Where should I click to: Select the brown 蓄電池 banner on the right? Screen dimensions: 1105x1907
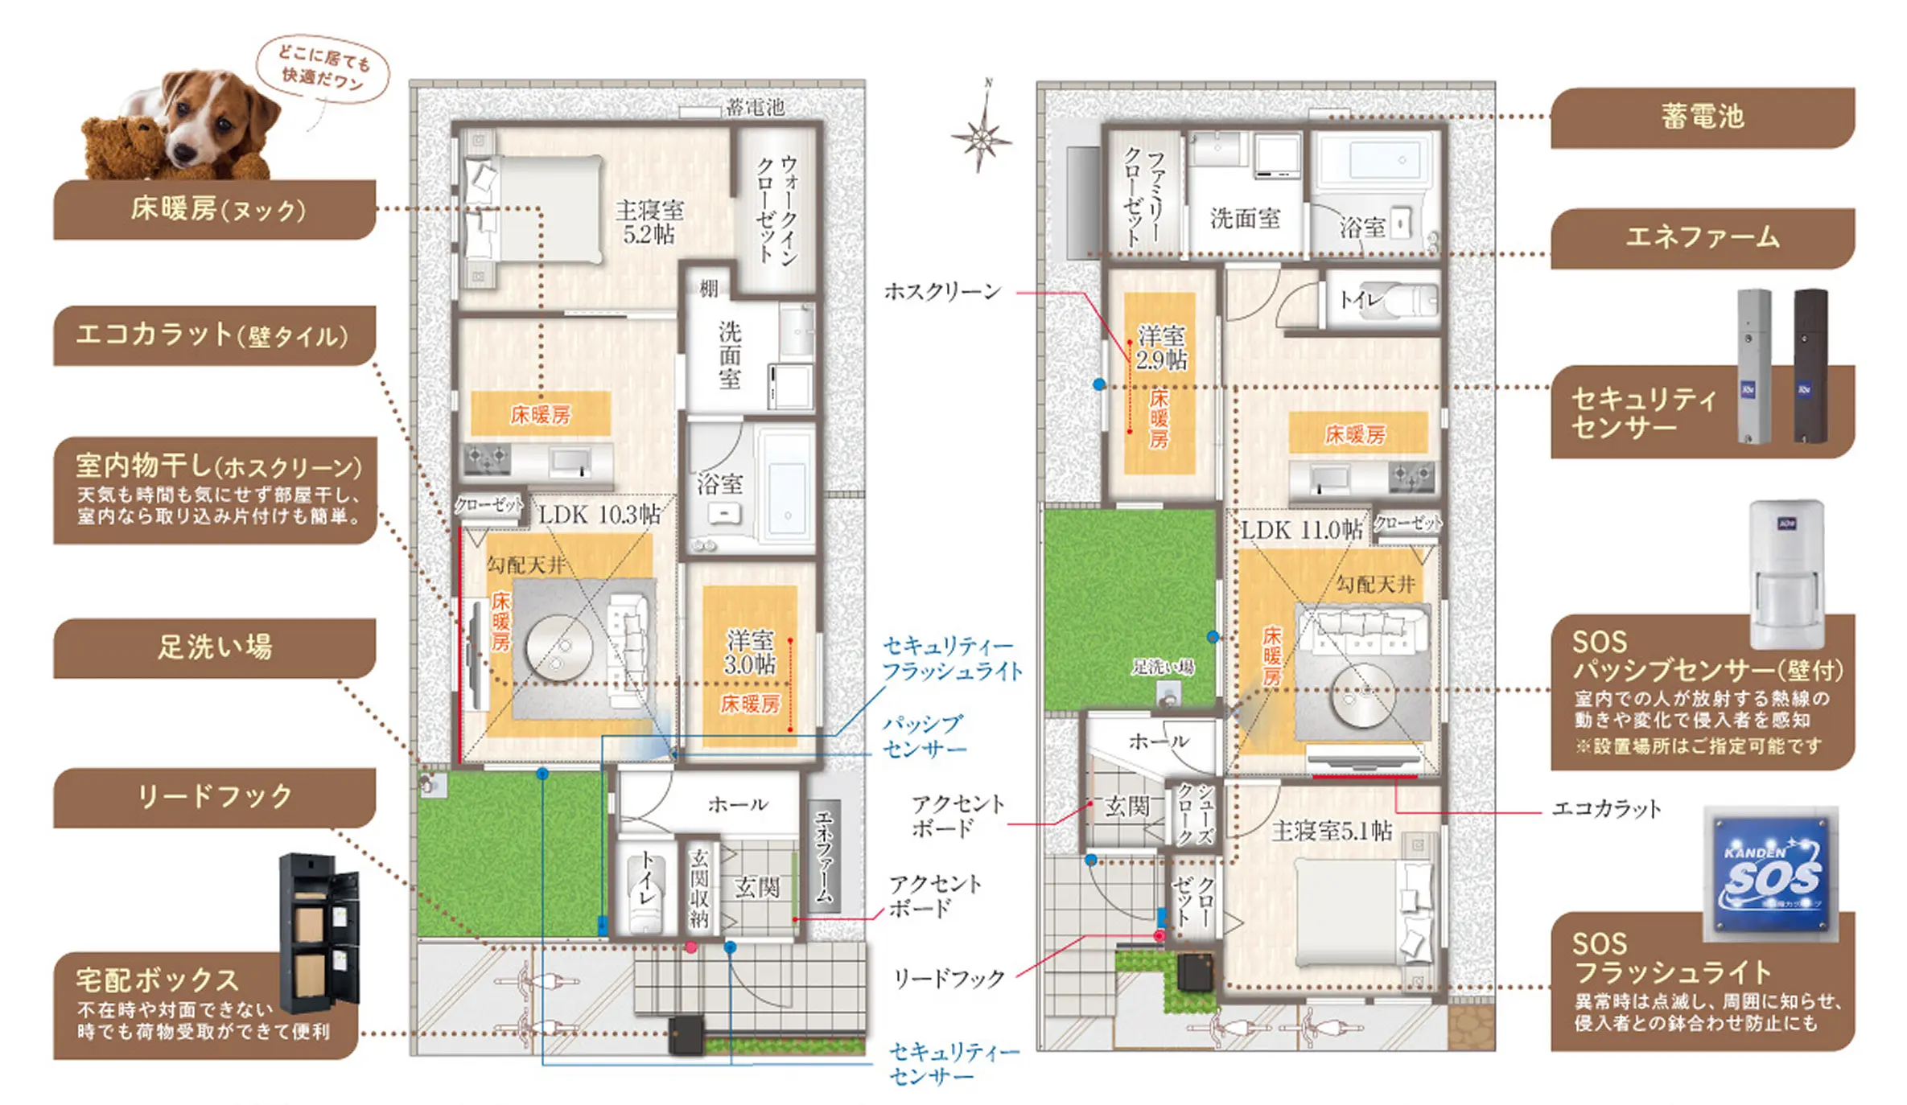1701,117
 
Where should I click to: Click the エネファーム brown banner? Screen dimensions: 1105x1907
1701,238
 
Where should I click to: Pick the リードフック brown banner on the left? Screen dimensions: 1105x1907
214,797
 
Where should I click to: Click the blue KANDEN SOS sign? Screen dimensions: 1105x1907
1770,874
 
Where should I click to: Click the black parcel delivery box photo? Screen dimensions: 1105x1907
318,933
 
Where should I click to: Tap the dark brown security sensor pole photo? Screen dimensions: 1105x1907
1810,366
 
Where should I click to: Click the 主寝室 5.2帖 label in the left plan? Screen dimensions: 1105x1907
649,222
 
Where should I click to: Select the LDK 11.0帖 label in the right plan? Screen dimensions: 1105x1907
1301,530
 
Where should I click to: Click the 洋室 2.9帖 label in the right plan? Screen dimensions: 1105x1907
1160,347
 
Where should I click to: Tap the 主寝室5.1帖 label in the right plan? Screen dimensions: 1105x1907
1331,831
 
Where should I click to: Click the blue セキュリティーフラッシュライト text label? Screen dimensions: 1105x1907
952,658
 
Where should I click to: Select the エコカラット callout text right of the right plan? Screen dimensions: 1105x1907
1605,809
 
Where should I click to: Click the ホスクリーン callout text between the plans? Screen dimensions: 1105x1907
942,291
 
